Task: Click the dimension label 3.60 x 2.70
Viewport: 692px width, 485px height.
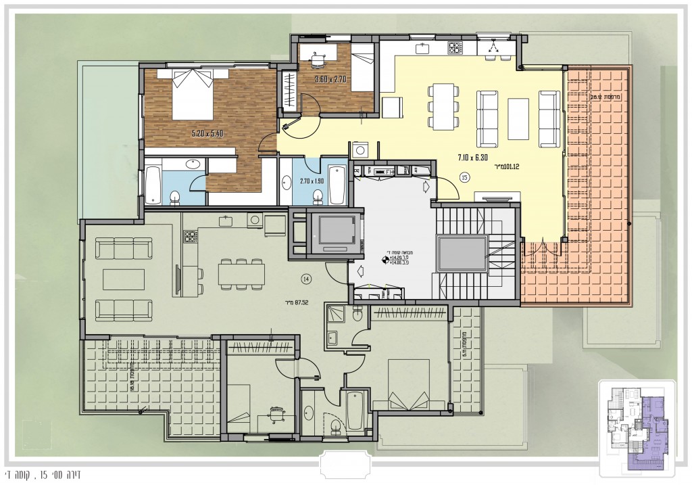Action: [x=330, y=79]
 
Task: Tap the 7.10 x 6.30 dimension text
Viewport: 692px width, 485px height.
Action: [x=472, y=156]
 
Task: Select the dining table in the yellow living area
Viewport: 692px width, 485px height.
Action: [x=444, y=106]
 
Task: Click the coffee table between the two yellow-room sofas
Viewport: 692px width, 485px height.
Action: [x=518, y=118]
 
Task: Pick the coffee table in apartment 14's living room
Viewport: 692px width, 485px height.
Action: [x=124, y=279]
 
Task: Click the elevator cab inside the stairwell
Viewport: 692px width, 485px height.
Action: [x=462, y=254]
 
